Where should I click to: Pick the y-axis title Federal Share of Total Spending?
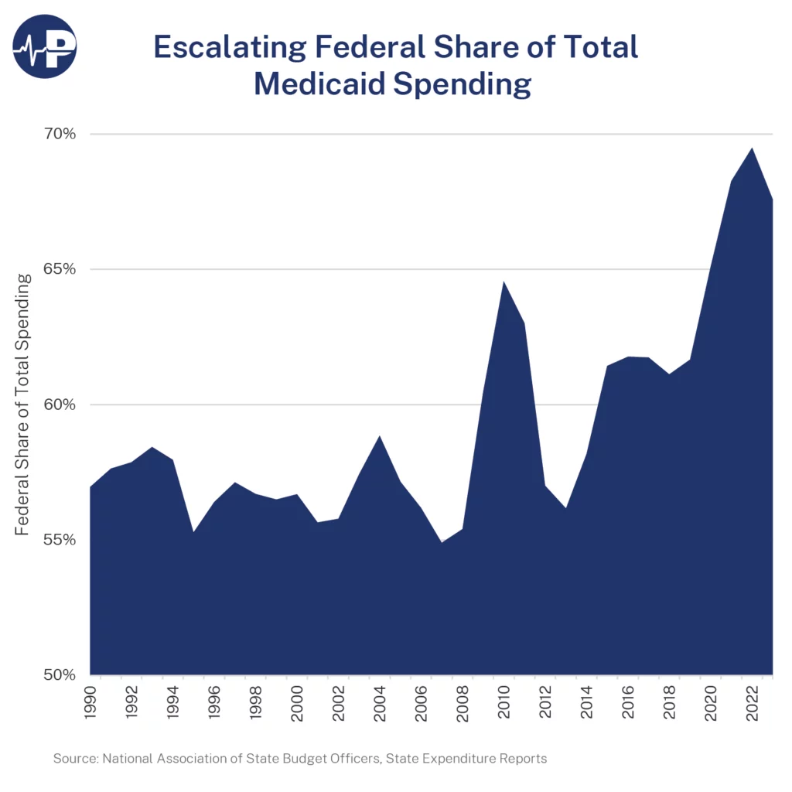24,404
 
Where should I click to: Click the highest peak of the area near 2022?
751,148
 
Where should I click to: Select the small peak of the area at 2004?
380,437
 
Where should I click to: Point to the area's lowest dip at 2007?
442,541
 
